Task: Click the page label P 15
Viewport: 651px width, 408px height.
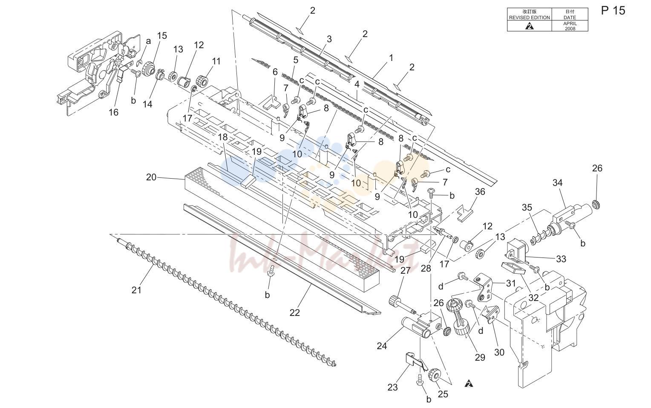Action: pyautogui.click(x=613, y=11)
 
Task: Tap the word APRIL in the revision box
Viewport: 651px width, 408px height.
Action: pyautogui.click(x=570, y=23)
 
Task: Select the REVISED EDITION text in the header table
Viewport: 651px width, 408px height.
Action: pyautogui.click(x=529, y=17)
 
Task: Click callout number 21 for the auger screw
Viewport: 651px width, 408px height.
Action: pyautogui.click(x=136, y=290)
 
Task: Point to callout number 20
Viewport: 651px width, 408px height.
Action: pyautogui.click(x=151, y=177)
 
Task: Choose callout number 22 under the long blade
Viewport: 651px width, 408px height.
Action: pyautogui.click(x=295, y=313)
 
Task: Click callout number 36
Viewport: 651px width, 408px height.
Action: pyautogui.click(x=480, y=192)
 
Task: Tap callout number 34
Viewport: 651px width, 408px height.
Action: pyautogui.click(x=557, y=182)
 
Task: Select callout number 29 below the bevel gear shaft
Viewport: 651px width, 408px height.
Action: pyautogui.click(x=480, y=357)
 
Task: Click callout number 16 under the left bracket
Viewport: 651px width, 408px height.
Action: pyautogui.click(x=114, y=112)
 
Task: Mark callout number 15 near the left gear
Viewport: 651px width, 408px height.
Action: pyautogui.click(x=162, y=35)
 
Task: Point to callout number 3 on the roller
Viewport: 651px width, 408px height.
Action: pyautogui.click(x=329, y=39)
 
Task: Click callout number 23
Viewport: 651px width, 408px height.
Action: pyautogui.click(x=393, y=388)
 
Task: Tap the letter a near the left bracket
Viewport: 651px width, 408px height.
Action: pyautogui.click(x=149, y=41)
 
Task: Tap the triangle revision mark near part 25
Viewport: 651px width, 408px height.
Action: pyautogui.click(x=469, y=384)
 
